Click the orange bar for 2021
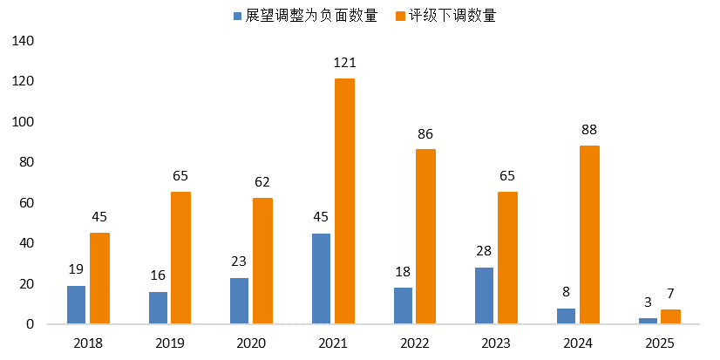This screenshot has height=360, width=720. coord(344,201)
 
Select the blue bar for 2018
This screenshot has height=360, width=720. coord(77,304)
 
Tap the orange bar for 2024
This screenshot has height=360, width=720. coord(589,234)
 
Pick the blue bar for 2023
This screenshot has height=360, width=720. coord(485,295)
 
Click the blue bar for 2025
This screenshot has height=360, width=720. coord(648,321)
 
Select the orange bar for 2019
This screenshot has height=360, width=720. coord(180,258)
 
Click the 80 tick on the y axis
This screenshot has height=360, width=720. coord(27,162)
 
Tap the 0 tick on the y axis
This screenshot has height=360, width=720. coord(31,324)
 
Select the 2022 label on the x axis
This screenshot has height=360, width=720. coord(415,343)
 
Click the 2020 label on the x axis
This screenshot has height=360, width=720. coord(252,343)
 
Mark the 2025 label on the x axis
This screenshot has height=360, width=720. coord(660,343)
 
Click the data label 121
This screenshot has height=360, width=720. coord(345,63)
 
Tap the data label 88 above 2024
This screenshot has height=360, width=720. coord(589,130)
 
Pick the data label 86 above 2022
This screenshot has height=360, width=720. coord(425,133)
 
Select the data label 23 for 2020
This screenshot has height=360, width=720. coord(240,262)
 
